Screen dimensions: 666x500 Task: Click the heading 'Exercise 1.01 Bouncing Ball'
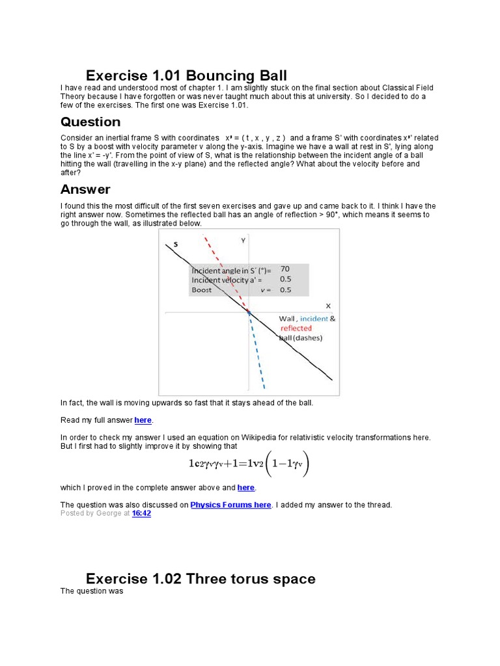tap(186, 75)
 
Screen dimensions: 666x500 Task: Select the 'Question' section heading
tap(90, 122)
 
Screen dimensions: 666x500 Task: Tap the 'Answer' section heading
tap(85, 189)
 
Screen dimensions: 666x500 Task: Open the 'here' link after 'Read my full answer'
tap(143, 420)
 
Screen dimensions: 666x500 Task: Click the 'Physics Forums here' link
tap(230, 505)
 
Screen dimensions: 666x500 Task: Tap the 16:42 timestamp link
tap(141, 513)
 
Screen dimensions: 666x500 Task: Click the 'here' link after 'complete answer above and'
tap(246, 487)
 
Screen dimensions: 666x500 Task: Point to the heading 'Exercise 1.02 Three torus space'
tap(201, 579)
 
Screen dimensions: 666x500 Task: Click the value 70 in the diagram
tap(285, 268)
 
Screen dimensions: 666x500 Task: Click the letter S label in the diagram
tap(175, 245)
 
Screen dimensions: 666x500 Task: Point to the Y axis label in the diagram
tap(243, 240)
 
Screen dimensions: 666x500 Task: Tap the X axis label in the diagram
tap(327, 305)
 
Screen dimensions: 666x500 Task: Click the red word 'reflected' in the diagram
tap(296, 328)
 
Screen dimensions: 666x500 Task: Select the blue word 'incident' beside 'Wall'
tap(314, 319)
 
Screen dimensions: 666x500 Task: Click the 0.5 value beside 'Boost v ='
tap(285, 290)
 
